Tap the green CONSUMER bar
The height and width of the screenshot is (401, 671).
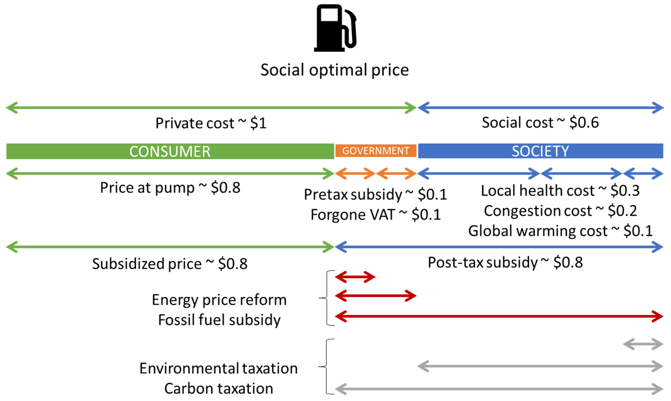click(170, 151)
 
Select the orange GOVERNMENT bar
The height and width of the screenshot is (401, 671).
click(376, 151)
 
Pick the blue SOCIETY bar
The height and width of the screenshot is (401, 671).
click(540, 151)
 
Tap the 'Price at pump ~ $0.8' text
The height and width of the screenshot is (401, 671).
click(170, 187)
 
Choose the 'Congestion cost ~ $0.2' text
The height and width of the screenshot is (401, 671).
click(560, 211)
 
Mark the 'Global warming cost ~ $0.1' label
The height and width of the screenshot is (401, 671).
click(560, 231)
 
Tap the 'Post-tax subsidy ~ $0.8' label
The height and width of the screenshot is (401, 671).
click(505, 262)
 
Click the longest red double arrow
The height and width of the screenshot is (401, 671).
click(499, 316)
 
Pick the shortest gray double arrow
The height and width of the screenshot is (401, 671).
click(643, 344)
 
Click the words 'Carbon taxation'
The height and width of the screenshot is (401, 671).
click(219, 389)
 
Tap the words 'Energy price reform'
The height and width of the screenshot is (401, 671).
click(219, 300)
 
